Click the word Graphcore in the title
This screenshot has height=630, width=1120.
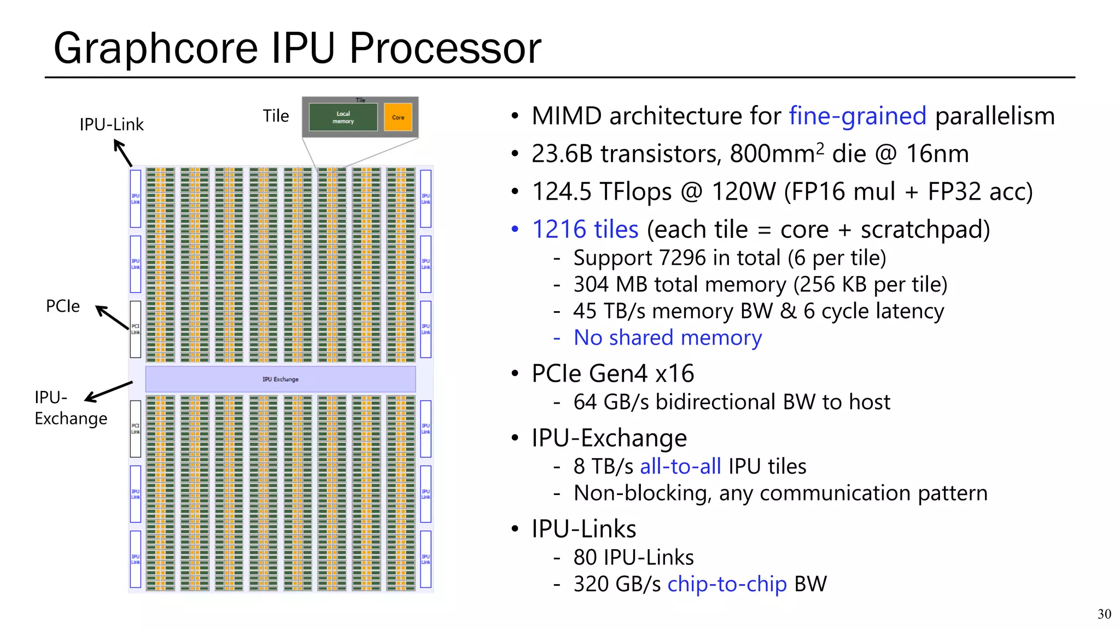pyautogui.click(x=156, y=48)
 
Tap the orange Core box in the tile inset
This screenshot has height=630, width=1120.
pyautogui.click(x=398, y=117)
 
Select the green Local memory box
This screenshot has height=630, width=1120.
pyautogui.click(x=343, y=117)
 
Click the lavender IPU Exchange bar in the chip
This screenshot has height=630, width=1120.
pyautogui.click(x=280, y=379)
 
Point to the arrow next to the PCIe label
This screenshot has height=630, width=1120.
pyautogui.click(x=113, y=317)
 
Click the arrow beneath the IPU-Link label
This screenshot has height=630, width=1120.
pyautogui.click(x=123, y=153)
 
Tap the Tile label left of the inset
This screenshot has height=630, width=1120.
pyautogui.click(x=276, y=116)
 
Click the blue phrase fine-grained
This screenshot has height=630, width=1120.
pyautogui.click(x=857, y=116)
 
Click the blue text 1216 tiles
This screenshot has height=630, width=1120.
pyautogui.click(x=585, y=229)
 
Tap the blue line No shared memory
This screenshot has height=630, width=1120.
pyautogui.click(x=667, y=338)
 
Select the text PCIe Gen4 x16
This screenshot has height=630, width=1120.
pyautogui.click(x=612, y=374)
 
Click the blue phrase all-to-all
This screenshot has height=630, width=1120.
pyautogui.click(x=680, y=466)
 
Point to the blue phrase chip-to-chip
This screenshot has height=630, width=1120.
pyautogui.click(x=727, y=584)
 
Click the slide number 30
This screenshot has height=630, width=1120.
pyautogui.click(x=1104, y=614)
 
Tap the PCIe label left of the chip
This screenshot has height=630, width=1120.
pyautogui.click(x=63, y=306)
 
